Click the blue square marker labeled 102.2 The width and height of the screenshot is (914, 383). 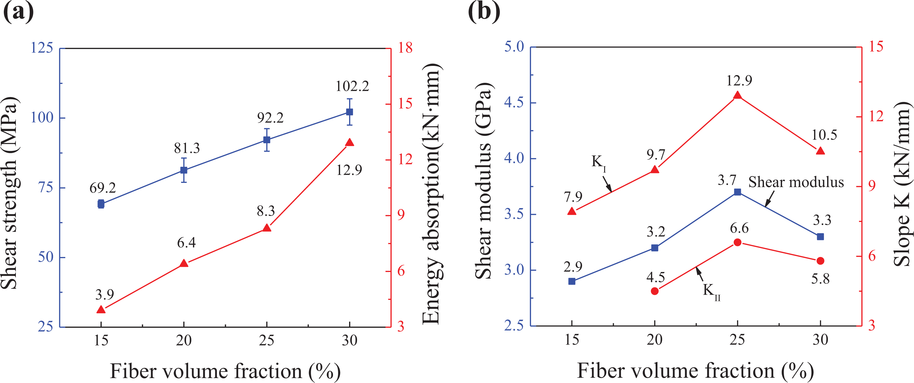coord(349,112)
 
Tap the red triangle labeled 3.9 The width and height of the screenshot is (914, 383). coord(101,309)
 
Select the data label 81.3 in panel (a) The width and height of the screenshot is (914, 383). coord(187,148)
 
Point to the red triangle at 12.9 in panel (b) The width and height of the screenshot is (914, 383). coord(738,95)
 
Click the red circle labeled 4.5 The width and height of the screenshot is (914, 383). coord(654,291)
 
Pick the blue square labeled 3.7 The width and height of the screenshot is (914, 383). coord(738,192)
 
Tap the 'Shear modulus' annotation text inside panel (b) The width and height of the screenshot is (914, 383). coord(796,182)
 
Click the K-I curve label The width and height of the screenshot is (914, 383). coord(599,163)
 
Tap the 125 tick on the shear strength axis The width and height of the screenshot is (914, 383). coord(42,48)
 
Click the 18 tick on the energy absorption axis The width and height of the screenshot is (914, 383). coord(405,48)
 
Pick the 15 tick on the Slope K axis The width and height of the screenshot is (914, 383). coord(876,46)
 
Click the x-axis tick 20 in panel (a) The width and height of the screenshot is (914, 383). coord(184,340)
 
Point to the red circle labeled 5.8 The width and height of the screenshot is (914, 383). coord(820,261)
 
